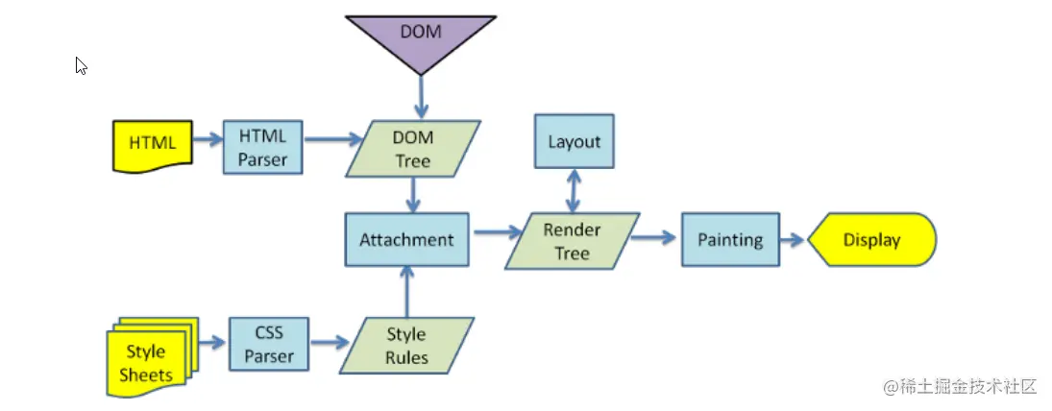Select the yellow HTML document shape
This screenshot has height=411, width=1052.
click(153, 145)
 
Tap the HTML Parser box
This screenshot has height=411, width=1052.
click(262, 147)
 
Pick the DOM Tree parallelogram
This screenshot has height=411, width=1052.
click(413, 149)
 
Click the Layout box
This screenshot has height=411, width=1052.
click(574, 142)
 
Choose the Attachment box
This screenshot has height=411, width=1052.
click(406, 239)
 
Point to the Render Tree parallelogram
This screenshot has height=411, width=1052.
click(573, 241)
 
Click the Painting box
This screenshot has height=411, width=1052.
click(729, 240)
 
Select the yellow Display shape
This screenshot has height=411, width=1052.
click(871, 240)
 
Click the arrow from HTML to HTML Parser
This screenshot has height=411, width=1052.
click(207, 138)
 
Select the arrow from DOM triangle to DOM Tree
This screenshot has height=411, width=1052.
click(421, 97)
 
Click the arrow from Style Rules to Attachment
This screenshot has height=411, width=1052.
click(407, 292)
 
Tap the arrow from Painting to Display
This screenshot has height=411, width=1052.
click(792, 240)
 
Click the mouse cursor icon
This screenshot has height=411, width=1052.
click(82, 65)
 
